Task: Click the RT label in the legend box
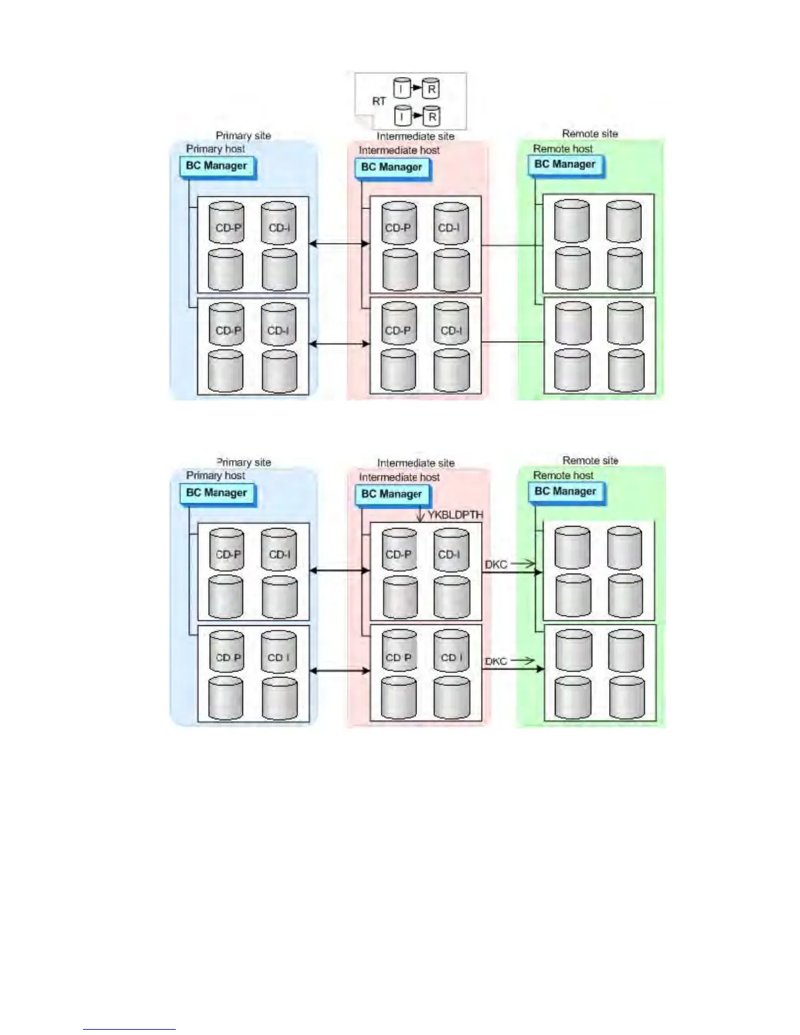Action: tap(379, 101)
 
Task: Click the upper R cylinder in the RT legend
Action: tap(431, 88)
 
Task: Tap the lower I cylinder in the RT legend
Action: tap(402, 116)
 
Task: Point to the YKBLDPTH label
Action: tap(456, 515)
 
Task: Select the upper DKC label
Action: tap(496, 564)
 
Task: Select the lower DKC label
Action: tap(496, 661)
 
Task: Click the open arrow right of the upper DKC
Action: tap(523, 563)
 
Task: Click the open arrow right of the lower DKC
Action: tap(523, 661)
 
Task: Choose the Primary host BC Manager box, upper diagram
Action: tap(216, 166)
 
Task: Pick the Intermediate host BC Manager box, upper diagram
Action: tap(392, 167)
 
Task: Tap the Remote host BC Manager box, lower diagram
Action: tap(565, 491)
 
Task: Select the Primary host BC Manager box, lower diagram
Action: tap(216, 493)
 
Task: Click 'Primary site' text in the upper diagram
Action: tap(243, 136)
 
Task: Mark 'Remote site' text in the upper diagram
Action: tap(590, 134)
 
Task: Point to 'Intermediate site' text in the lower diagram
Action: tap(416, 463)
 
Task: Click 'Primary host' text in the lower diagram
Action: tap(216, 476)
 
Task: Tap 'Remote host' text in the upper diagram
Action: tap(563, 149)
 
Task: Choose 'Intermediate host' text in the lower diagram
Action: tap(399, 478)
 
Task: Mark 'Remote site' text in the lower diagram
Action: tap(590, 461)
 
